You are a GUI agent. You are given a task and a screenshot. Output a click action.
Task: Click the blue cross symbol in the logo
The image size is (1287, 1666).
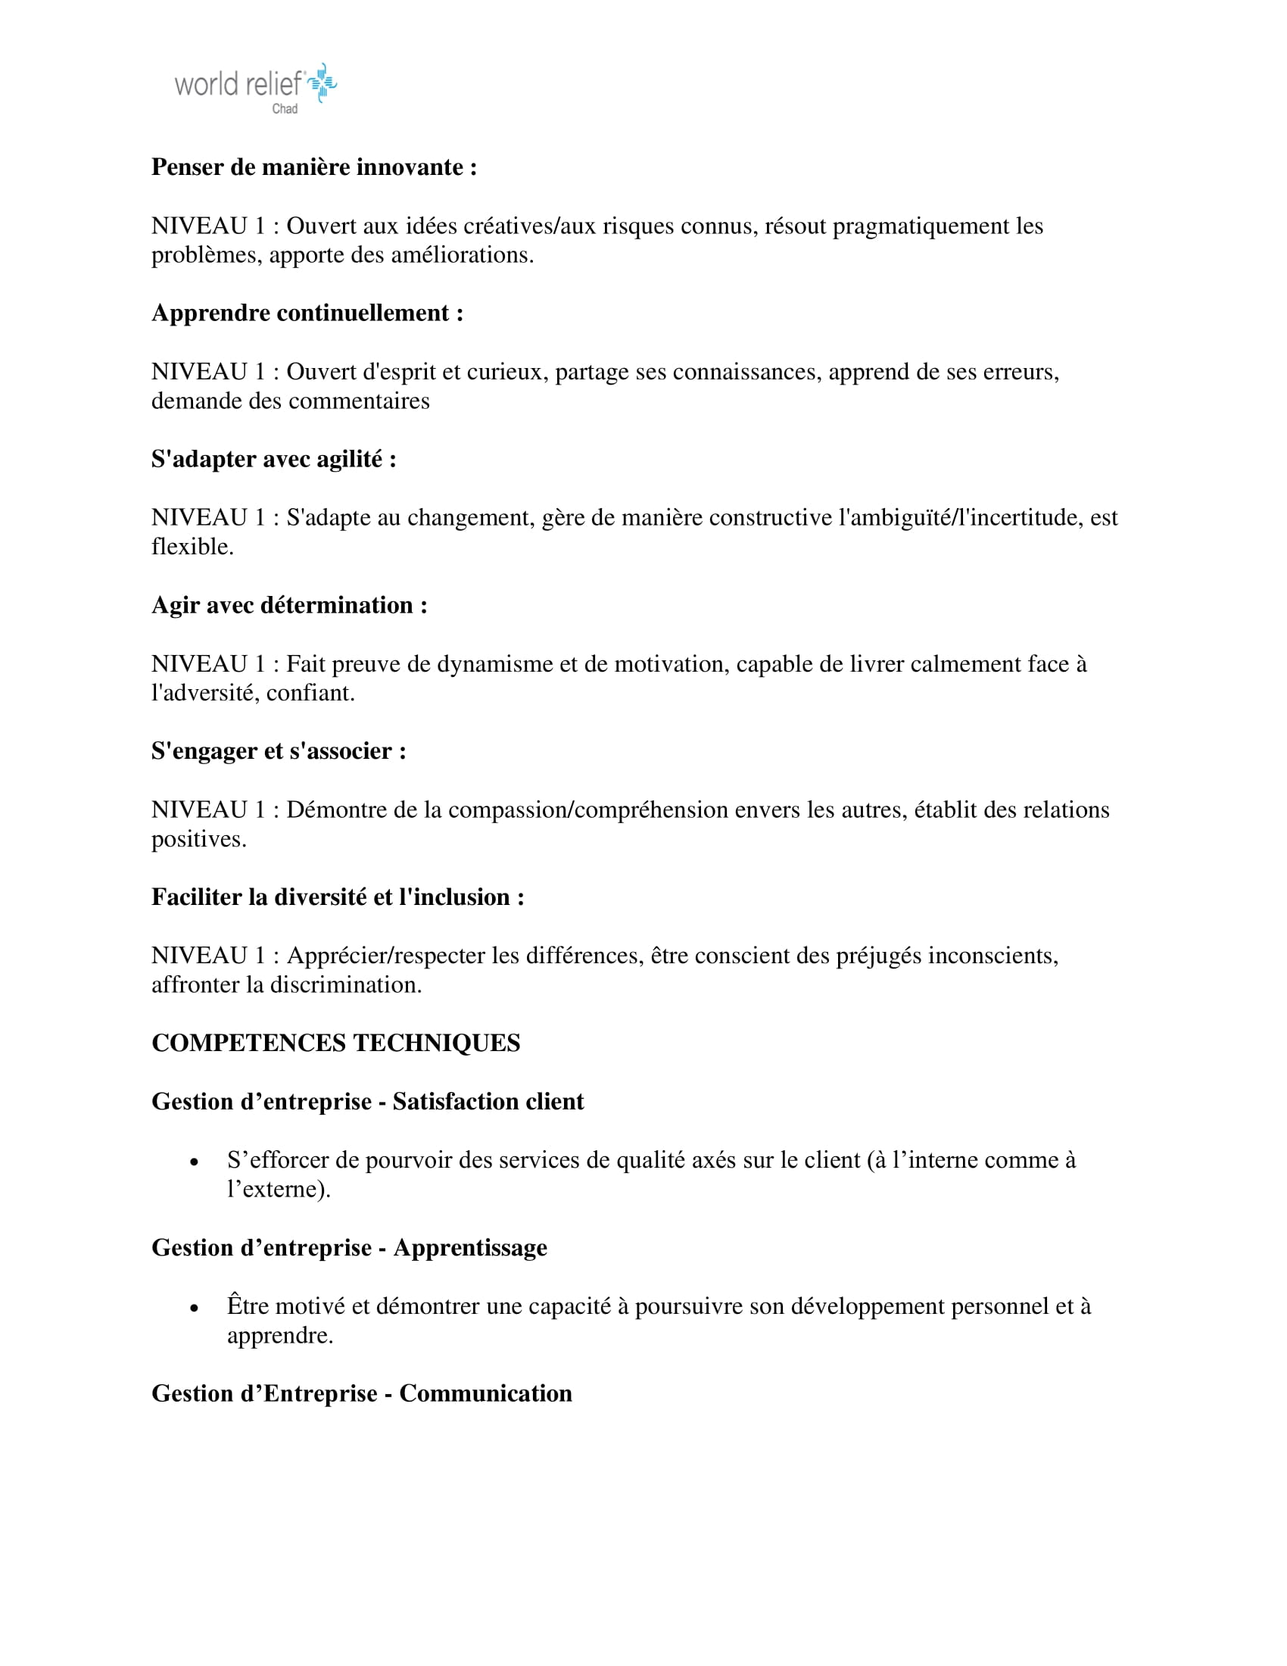[x=323, y=83]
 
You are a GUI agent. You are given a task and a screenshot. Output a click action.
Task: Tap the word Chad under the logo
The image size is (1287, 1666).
[x=285, y=109]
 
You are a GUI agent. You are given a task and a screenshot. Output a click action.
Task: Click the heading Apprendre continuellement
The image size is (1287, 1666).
[x=307, y=314]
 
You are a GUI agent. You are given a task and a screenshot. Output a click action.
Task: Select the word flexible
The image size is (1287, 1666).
[x=192, y=547]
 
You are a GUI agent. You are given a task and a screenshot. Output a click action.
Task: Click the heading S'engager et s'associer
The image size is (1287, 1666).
[x=279, y=751]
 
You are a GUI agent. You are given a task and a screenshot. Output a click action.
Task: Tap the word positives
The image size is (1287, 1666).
[x=198, y=840]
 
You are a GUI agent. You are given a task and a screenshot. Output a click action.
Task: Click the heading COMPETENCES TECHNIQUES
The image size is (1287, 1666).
[x=335, y=1044]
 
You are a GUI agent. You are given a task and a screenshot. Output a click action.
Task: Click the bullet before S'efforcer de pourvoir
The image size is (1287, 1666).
[x=195, y=1162]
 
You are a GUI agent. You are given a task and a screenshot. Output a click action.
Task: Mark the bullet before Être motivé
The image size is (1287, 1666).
[x=195, y=1309]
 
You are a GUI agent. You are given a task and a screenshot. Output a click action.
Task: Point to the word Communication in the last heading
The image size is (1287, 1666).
[x=486, y=1393]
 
